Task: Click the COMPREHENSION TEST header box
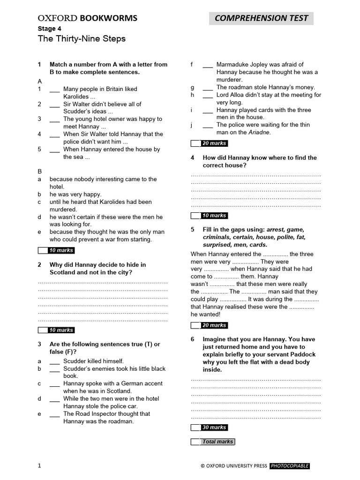pyautogui.click(x=261, y=18)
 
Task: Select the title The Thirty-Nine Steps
pyautogui.click(x=82, y=39)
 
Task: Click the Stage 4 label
pyautogui.click(x=49, y=29)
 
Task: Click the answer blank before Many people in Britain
pyautogui.click(x=54, y=89)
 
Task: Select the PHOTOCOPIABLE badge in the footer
pyautogui.click(x=289, y=466)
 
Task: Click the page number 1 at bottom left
pyautogui.click(x=39, y=465)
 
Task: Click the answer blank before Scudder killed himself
pyautogui.click(x=54, y=361)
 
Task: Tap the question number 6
pyautogui.click(x=193, y=339)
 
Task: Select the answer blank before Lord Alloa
pyautogui.click(x=208, y=95)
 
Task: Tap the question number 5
pyautogui.click(x=193, y=230)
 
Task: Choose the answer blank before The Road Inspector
pyautogui.click(x=54, y=414)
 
